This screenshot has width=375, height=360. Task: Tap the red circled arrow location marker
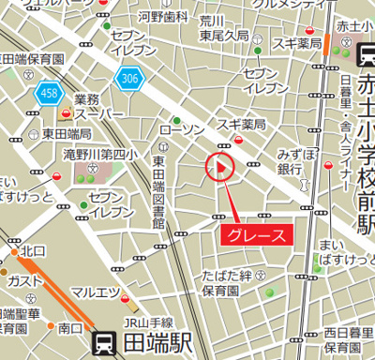(218, 169)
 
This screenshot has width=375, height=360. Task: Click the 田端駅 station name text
(155, 341)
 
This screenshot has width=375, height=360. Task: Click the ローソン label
(182, 128)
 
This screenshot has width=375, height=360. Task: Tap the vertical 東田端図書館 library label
(158, 193)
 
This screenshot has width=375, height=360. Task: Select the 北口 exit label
(34, 250)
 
